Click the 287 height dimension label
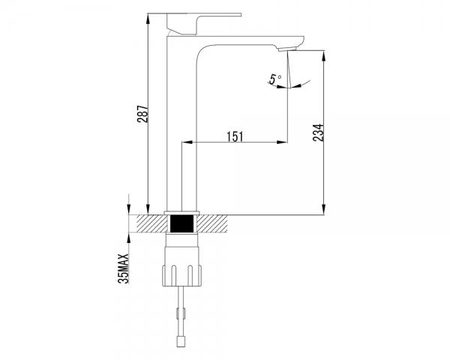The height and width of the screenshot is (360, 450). pos(142,114)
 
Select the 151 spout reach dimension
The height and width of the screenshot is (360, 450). pos(235,136)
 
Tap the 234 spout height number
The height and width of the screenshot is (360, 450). pos(318,133)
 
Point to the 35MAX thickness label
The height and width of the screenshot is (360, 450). pos(124,268)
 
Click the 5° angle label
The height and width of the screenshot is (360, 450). pos(275,79)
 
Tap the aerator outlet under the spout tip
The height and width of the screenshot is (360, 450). pos(287,49)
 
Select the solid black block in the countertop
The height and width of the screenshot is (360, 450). pos(181,223)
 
